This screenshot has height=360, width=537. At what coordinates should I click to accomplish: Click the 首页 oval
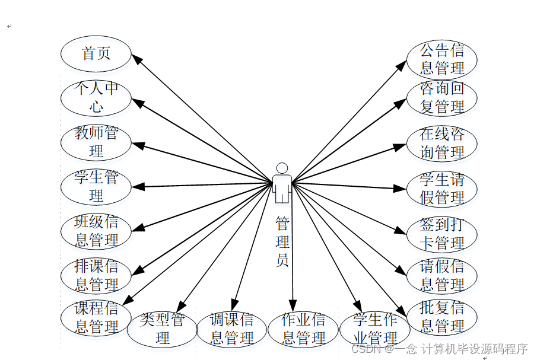tap(96, 53)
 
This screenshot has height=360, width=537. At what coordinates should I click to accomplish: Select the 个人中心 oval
tap(96, 98)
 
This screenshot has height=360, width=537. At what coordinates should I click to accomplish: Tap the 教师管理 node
tap(96, 142)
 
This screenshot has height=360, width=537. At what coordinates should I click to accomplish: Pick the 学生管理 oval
tap(96, 187)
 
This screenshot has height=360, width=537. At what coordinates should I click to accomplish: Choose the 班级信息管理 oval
tap(96, 231)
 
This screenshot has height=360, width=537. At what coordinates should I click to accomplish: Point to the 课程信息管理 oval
tap(96, 317)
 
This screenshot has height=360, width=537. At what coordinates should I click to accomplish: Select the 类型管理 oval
tap(163, 329)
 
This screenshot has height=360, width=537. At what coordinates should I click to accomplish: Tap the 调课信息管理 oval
tap(231, 329)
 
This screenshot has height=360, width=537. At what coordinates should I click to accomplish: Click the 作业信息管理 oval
tap(303, 329)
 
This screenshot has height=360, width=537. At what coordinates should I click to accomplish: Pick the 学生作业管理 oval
tap(374, 329)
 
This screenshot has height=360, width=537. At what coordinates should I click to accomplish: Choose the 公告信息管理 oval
tap(441, 59)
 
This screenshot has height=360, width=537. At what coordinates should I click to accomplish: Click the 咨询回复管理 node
tap(441, 98)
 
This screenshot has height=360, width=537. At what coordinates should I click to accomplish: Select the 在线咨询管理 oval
tap(441, 143)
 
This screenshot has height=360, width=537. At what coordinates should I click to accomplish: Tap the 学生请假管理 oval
tap(441, 189)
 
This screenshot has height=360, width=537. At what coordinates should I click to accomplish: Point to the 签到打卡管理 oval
tap(441, 234)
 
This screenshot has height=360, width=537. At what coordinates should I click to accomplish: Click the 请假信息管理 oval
tap(441, 276)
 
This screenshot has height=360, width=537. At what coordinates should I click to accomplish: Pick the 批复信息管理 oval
tap(441, 317)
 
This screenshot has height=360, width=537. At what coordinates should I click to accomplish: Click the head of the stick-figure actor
tap(282, 168)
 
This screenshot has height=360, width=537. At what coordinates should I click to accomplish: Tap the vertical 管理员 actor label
tap(282, 241)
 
